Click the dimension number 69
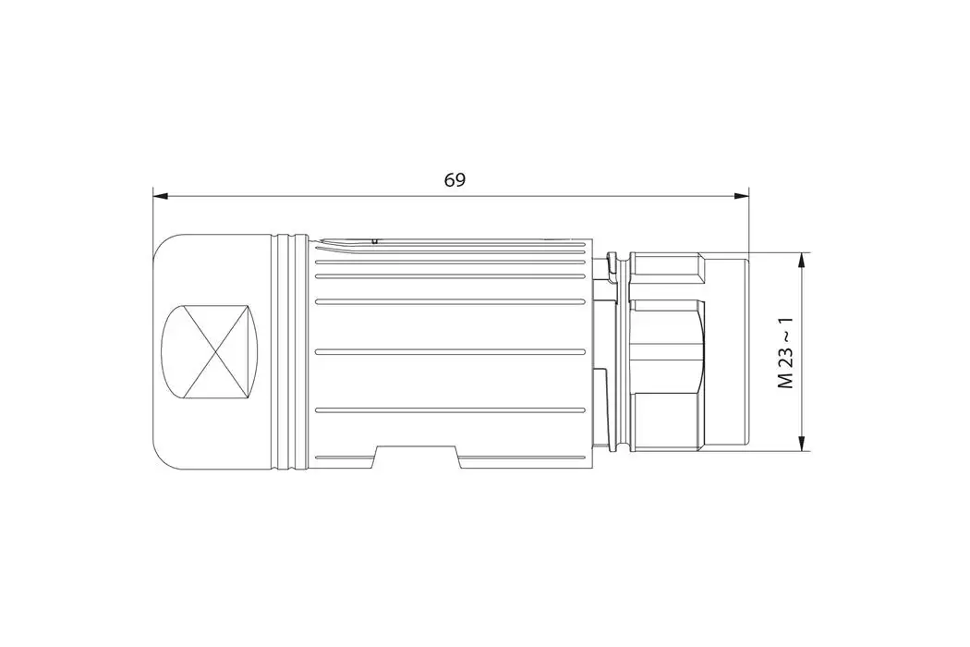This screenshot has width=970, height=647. point(454,180)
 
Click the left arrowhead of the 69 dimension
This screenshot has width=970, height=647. point(160,197)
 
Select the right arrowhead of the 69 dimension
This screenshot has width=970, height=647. point(741,197)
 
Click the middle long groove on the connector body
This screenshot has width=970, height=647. point(450,352)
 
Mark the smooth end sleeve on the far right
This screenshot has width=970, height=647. point(727,351)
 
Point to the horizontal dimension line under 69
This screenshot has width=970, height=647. point(554,197)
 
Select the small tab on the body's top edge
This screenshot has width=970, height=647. point(373,240)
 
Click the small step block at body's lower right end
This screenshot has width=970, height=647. point(599,407)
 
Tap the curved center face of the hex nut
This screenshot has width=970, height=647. point(665,351)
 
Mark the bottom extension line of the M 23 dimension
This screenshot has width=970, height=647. point(781,451)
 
